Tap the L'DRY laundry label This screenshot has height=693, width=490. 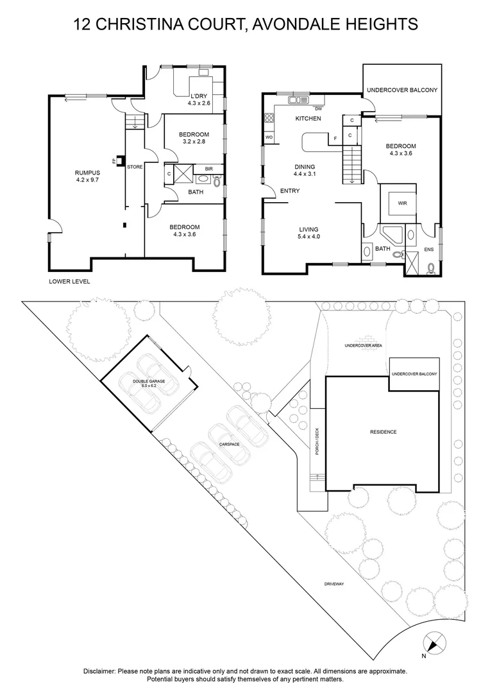coord(198,96)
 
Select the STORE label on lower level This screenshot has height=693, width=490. coord(135,167)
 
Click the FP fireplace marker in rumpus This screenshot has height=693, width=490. coord(114,162)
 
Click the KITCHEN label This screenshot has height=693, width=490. coord(308,119)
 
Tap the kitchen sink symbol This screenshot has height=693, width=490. coord(298,100)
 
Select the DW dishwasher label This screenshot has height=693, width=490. coord(319,108)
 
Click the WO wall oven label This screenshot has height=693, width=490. coord(269,137)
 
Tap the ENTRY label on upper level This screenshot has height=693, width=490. coord(290,190)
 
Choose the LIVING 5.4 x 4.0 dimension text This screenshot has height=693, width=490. coord(308,237)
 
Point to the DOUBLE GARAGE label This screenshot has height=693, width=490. coord(145,382)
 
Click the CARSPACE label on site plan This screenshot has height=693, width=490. coord(229,444)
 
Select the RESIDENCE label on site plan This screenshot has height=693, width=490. coord(383,432)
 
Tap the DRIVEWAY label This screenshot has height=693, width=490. coord(334,584)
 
